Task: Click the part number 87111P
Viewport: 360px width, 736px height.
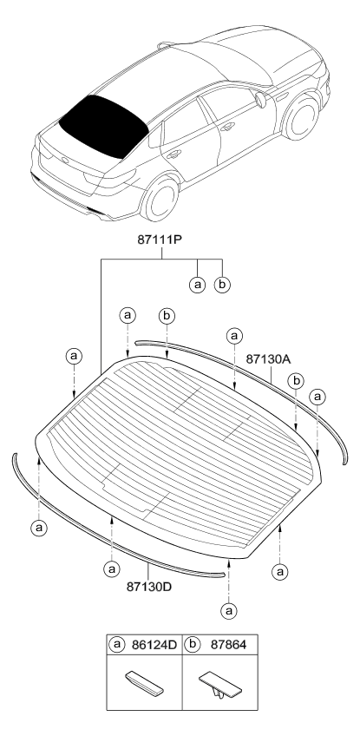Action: click(160, 240)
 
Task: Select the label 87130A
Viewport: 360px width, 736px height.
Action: click(268, 359)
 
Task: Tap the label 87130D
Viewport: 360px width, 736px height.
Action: click(149, 586)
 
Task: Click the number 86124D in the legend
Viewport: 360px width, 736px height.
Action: click(154, 645)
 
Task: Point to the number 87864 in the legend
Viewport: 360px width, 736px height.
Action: click(227, 645)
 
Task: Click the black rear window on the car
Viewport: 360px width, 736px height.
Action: click(103, 124)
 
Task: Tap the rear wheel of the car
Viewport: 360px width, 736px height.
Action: click(160, 198)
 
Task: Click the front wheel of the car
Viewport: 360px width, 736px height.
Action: click(301, 117)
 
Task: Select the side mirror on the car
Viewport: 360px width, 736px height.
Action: click(260, 100)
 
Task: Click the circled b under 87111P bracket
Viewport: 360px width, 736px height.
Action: click(222, 285)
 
